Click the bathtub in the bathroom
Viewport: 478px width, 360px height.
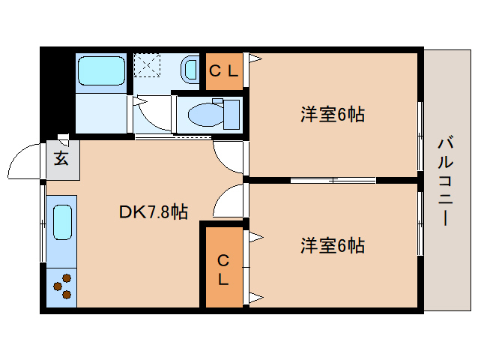click(103, 72)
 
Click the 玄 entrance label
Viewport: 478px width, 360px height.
click(61, 160)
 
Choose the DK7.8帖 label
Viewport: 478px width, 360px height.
click(153, 212)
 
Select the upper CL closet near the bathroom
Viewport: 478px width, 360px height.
click(224, 72)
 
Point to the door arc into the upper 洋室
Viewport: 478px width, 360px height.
click(229, 157)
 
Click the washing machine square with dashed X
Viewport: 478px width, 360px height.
click(148, 65)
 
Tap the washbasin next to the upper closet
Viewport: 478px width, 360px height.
click(190, 69)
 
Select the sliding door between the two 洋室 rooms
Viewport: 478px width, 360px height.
click(333, 180)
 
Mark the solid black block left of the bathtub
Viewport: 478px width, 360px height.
click(58, 90)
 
